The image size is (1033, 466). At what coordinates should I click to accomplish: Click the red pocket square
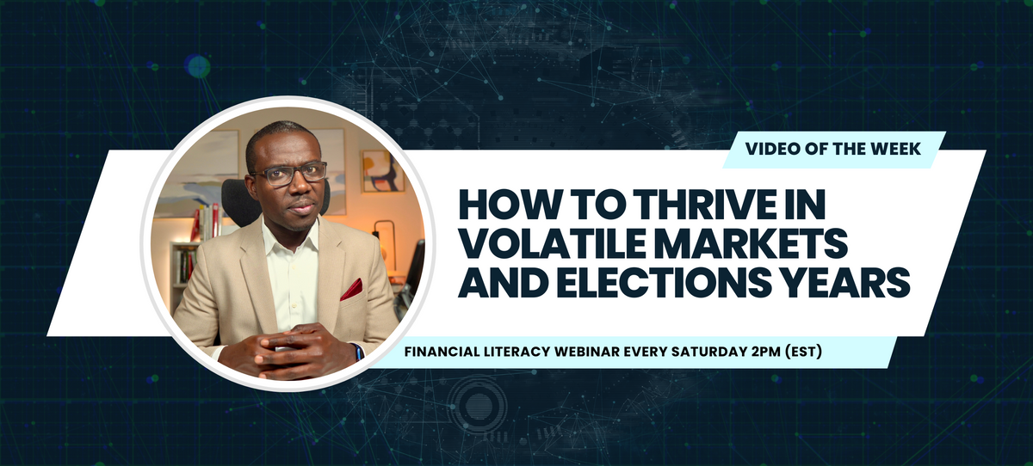pos(351,290)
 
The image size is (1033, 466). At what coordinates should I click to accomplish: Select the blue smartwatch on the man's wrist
pos(358,351)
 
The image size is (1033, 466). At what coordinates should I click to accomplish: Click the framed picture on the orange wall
pos(382,169)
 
